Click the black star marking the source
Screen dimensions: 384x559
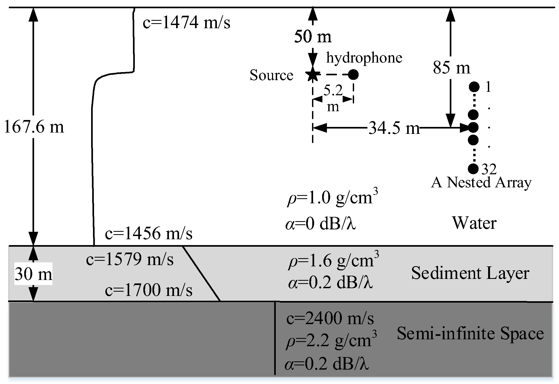[x=312, y=75]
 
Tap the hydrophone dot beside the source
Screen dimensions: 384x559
[x=353, y=75]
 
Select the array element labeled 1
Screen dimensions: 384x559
[x=474, y=87]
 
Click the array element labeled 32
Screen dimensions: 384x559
[x=473, y=168]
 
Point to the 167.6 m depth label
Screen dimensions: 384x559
[x=34, y=127]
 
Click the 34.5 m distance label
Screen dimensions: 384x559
[x=394, y=129]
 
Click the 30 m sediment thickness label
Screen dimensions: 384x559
[x=33, y=274]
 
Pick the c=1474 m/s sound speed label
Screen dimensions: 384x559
[x=186, y=22]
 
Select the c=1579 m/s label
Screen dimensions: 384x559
[x=130, y=259]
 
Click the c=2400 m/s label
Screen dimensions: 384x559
[x=330, y=318]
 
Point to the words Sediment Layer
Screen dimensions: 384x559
[x=470, y=273]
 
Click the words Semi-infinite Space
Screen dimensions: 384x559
[x=470, y=333]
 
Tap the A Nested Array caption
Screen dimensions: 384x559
[x=481, y=183]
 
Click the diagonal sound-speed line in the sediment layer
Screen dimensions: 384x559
[x=201, y=274]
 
